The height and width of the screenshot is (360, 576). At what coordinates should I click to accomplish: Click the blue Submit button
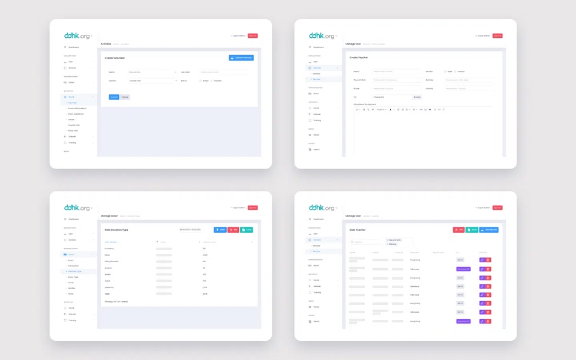click(x=114, y=97)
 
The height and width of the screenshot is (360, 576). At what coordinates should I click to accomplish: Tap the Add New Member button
click(x=241, y=58)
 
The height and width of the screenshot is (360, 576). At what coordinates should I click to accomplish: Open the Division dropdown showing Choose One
click(x=153, y=80)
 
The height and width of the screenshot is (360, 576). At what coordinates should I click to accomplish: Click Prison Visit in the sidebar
click(x=73, y=130)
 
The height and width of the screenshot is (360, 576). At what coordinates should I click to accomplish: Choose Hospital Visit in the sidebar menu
click(x=74, y=125)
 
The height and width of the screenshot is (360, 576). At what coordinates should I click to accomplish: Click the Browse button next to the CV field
click(x=417, y=97)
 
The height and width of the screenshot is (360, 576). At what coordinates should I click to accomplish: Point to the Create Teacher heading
click(x=359, y=58)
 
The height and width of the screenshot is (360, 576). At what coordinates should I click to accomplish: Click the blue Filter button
click(x=220, y=230)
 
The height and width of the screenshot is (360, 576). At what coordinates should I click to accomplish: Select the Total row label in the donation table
click(x=107, y=293)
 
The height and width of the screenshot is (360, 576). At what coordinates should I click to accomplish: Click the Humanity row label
click(x=109, y=248)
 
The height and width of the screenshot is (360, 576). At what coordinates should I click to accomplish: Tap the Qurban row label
click(x=109, y=268)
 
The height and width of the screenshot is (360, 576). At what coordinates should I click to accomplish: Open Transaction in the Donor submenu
click(x=74, y=266)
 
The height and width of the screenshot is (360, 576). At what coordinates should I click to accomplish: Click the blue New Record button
click(x=489, y=230)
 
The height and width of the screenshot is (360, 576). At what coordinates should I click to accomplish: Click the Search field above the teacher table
click(x=366, y=242)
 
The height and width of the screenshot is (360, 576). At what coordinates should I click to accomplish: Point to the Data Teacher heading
click(x=358, y=230)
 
